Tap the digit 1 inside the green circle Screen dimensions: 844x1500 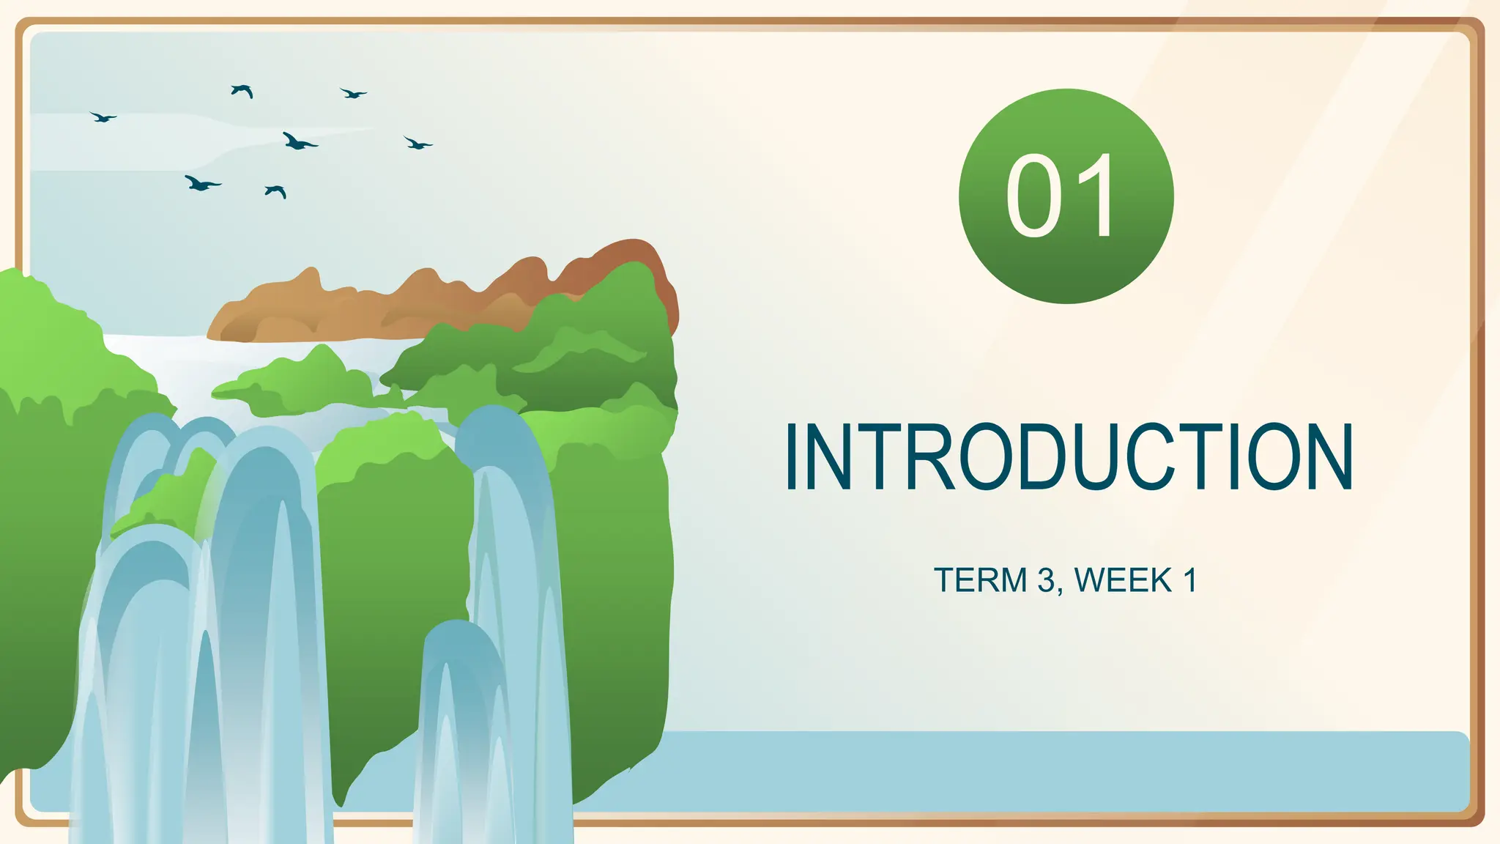pos(1097,196)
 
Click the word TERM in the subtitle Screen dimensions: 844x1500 pos(981,580)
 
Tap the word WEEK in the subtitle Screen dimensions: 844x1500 pos(1124,580)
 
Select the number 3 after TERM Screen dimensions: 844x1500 pos(1047,580)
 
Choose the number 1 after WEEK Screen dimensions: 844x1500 pos(1189,580)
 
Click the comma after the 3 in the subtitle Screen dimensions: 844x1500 pos(1061,591)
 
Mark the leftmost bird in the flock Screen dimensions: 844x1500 pos(103,116)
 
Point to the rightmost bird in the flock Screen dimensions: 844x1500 pos(417,144)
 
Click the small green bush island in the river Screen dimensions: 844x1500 pos(300,385)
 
